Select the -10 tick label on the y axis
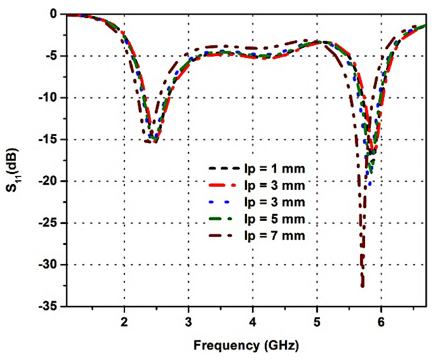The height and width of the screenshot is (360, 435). point(48,98)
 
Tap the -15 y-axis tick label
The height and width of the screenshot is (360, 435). point(48,140)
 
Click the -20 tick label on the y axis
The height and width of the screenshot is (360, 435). point(48,182)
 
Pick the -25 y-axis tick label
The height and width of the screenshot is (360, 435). point(48,223)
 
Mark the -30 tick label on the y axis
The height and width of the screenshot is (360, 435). point(48,265)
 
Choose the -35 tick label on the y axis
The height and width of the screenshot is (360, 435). point(48,307)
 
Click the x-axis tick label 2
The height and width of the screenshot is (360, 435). point(124,321)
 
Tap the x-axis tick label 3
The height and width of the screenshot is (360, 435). point(189,321)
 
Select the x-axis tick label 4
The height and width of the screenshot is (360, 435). point(253,321)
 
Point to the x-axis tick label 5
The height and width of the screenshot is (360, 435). point(317,321)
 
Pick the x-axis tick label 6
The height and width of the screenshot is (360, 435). point(381,321)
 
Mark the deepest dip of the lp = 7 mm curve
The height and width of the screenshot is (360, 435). point(362,286)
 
